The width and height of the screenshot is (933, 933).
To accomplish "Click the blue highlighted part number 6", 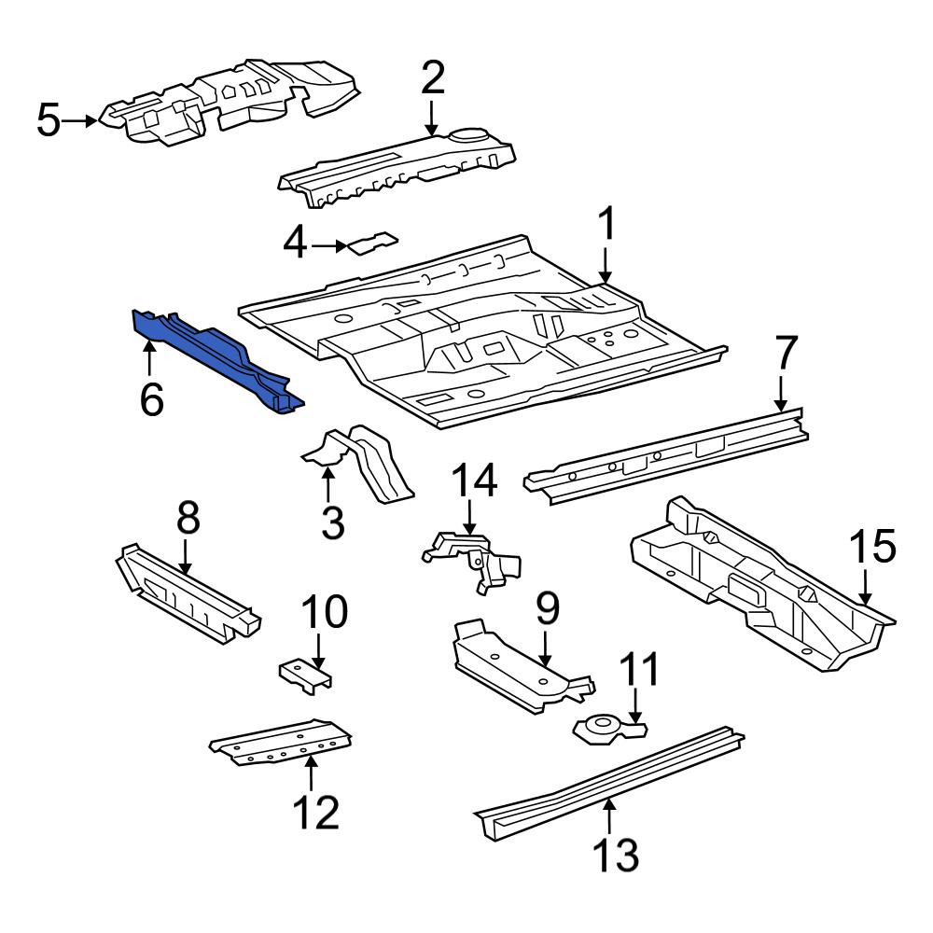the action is [217, 360].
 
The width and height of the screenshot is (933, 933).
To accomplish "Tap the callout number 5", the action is [49, 120].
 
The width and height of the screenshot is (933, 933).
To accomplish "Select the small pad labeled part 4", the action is [373, 244].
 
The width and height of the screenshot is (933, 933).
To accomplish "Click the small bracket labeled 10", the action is [306, 675].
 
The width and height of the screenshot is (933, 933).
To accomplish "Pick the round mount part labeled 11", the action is [608, 730].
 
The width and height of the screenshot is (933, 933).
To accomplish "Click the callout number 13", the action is [616, 855].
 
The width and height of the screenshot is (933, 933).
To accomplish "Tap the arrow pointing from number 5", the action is [80, 120].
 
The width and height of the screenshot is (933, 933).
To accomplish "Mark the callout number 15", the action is [873, 546].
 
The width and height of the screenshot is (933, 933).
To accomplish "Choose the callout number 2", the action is [433, 78].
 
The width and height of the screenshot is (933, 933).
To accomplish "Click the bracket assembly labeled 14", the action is [471, 559].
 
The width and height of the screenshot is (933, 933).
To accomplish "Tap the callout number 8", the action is [188, 517].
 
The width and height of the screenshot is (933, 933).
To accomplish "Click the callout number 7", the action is [786, 354].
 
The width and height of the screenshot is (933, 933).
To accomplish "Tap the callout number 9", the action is [548, 609].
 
